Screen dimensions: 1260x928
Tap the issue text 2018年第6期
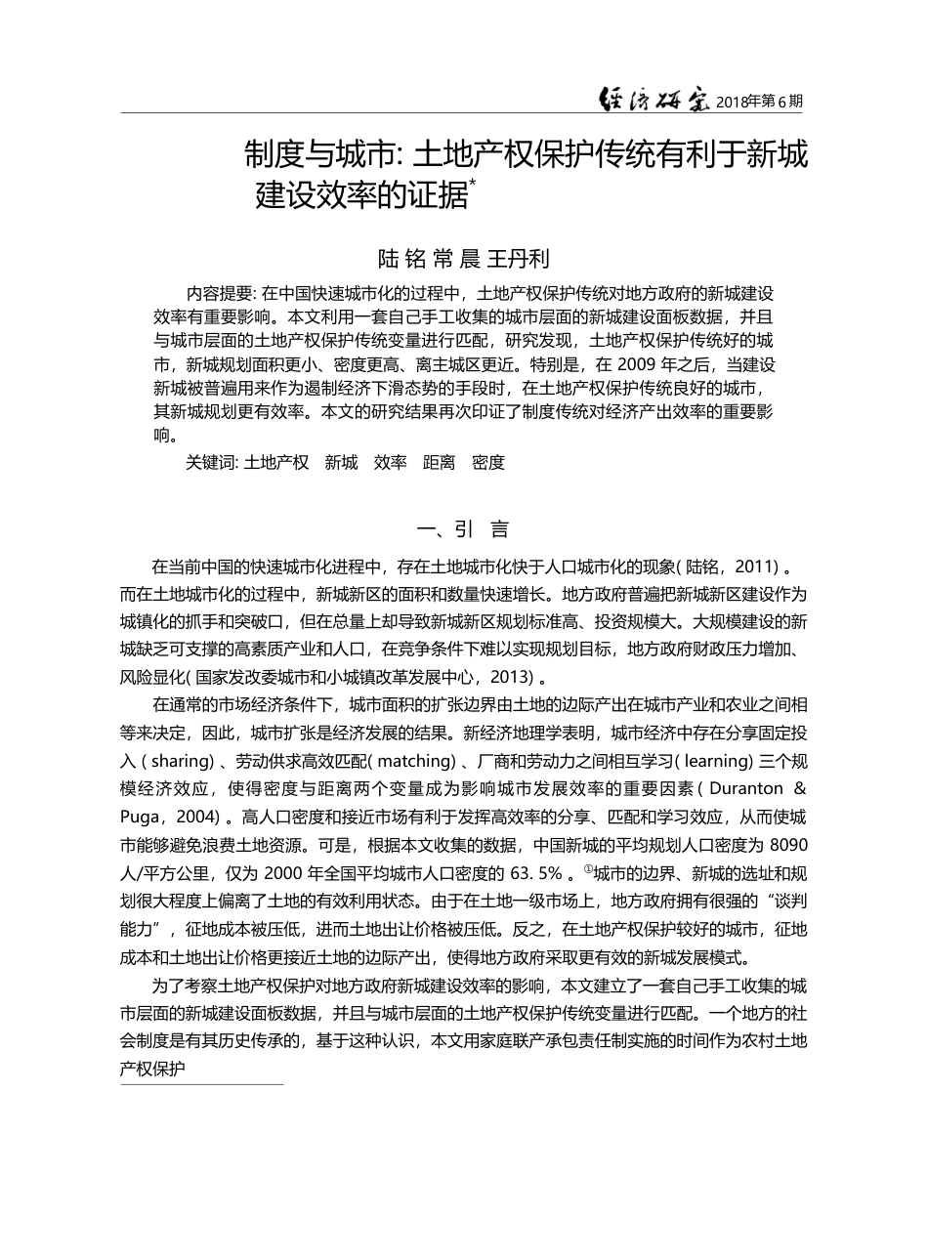coord(760,101)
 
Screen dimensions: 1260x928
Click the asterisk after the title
coord(473,182)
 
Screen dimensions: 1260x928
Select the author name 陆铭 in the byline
coord(401,259)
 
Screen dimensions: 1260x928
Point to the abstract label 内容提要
coord(220,293)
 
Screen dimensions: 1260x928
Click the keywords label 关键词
coord(210,463)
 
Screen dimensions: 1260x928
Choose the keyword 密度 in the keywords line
coord(488,463)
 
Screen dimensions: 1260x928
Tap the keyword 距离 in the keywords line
coord(439,463)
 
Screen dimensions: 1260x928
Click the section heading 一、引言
coord(463,530)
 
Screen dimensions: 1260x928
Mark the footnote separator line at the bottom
coord(201,1083)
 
